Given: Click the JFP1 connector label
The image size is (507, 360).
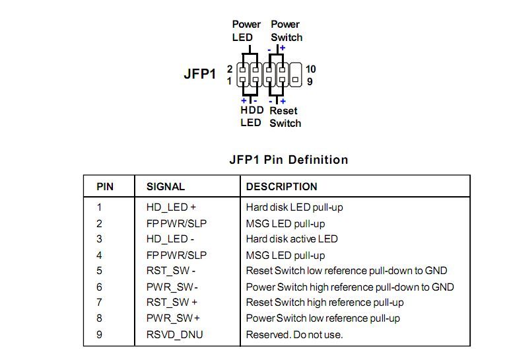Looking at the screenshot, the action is (x=199, y=74).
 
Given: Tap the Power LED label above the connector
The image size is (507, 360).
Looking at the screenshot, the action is (x=246, y=31).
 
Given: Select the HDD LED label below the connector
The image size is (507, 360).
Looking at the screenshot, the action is (x=252, y=116).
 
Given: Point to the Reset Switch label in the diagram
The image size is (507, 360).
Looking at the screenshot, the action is (x=285, y=117).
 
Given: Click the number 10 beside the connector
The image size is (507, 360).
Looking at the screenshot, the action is (x=310, y=69).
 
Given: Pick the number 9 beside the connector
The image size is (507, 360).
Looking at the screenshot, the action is (x=310, y=81).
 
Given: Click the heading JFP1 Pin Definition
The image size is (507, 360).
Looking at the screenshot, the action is (x=288, y=159).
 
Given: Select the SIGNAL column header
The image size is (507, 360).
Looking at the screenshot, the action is (x=166, y=187).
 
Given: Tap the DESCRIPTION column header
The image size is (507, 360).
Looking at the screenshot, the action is (x=282, y=187).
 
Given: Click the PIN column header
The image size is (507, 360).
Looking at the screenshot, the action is (x=105, y=187).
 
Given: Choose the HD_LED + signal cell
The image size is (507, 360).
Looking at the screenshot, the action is (x=171, y=207).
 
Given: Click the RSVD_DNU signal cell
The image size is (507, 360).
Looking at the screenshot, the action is (x=174, y=335).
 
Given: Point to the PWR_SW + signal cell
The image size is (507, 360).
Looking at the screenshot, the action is (x=173, y=318).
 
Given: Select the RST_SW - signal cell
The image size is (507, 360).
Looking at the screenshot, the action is (x=171, y=271).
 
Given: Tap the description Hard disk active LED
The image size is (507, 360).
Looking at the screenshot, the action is (x=292, y=239).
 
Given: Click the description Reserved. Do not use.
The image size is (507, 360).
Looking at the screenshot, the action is (x=294, y=335).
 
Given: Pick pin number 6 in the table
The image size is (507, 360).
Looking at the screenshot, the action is (x=99, y=287).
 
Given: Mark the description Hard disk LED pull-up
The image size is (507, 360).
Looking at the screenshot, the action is (x=294, y=207).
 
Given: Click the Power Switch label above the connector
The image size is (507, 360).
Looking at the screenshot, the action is (x=287, y=31).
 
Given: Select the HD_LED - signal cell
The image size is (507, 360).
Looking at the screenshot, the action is (x=170, y=239).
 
